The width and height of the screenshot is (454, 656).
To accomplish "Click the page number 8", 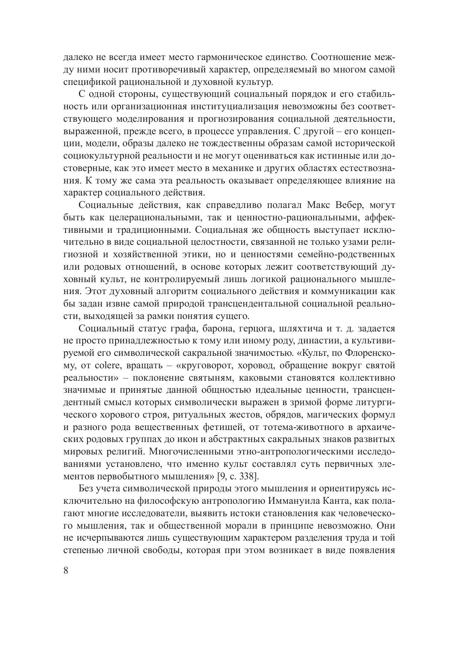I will point(66,572).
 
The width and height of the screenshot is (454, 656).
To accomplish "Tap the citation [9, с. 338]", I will point(238,476).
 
